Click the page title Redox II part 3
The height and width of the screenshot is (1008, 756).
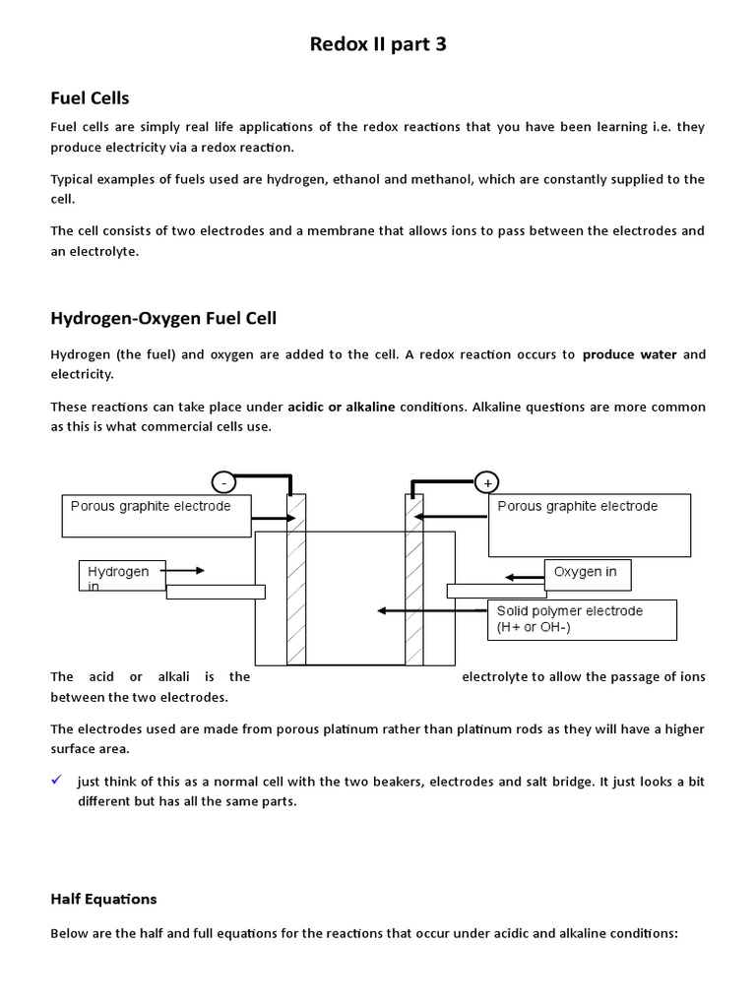(x=378, y=44)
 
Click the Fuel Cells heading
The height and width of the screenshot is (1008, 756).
(x=90, y=97)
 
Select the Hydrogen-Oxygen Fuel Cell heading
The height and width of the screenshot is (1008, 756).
(x=163, y=318)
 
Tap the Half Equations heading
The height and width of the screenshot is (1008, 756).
(x=103, y=899)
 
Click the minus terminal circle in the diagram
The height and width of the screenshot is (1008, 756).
(x=223, y=482)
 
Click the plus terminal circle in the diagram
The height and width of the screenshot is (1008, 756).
(x=486, y=482)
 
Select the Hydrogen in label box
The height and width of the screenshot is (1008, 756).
(x=122, y=577)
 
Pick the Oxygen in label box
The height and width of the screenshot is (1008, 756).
(x=587, y=574)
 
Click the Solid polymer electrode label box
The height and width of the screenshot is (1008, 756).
(x=582, y=619)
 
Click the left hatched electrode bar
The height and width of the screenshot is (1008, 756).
(x=295, y=580)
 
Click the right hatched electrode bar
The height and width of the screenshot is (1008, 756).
(x=414, y=580)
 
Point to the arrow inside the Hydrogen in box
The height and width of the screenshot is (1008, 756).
(x=183, y=570)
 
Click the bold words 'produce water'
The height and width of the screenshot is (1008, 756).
(x=629, y=354)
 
